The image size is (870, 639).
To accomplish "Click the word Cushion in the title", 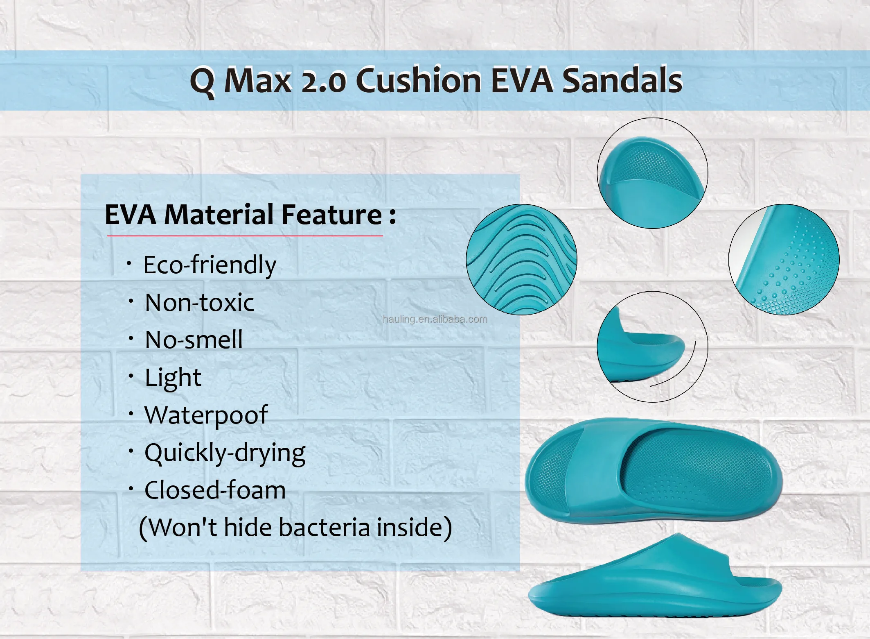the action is click(419, 80).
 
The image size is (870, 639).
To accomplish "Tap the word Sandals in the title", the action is click(622, 80).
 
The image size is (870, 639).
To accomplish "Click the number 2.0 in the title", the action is click(323, 81).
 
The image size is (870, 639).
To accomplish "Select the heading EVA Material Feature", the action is click(250, 215).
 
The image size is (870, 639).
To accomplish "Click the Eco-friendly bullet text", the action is click(210, 265).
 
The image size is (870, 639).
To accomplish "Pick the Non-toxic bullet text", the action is click(199, 303).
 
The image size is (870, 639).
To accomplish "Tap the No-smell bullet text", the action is click(194, 340).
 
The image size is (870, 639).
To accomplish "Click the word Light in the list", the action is click(173, 378).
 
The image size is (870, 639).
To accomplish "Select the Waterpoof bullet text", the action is click(206, 415).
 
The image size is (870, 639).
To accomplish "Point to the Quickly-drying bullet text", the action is click(225, 453).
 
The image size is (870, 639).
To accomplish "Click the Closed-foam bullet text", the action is click(215, 490).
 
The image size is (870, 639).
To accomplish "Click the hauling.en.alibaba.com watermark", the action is click(435, 319).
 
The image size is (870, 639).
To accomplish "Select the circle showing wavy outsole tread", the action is click(522, 259).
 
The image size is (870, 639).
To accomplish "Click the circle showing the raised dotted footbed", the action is click(784, 259).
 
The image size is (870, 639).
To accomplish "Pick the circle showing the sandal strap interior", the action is click(653, 173).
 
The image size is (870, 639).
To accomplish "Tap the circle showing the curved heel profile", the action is click(653, 347).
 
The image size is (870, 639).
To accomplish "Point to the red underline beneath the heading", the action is click(245, 236).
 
